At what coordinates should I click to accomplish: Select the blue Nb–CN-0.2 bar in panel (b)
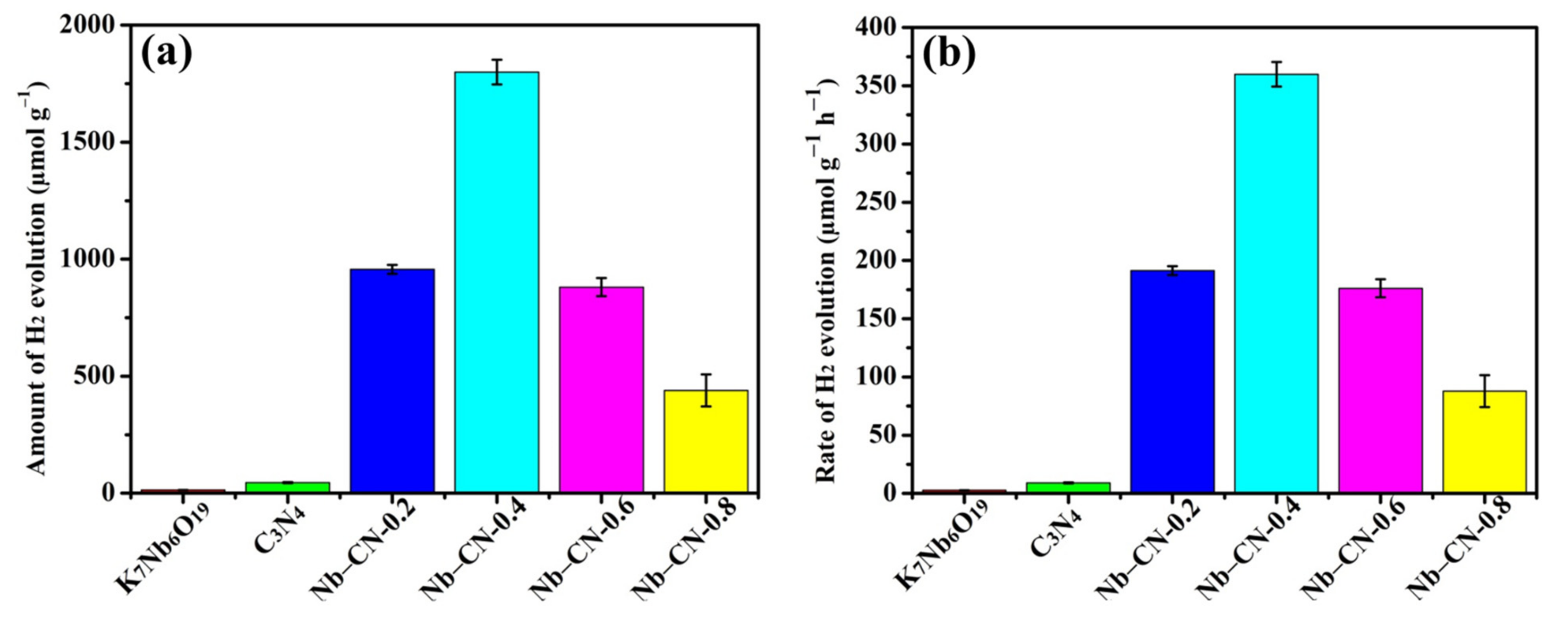pos(1172,381)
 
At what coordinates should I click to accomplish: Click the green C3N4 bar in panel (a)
pos(287,487)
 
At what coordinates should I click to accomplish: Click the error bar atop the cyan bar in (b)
pos(1276,74)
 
